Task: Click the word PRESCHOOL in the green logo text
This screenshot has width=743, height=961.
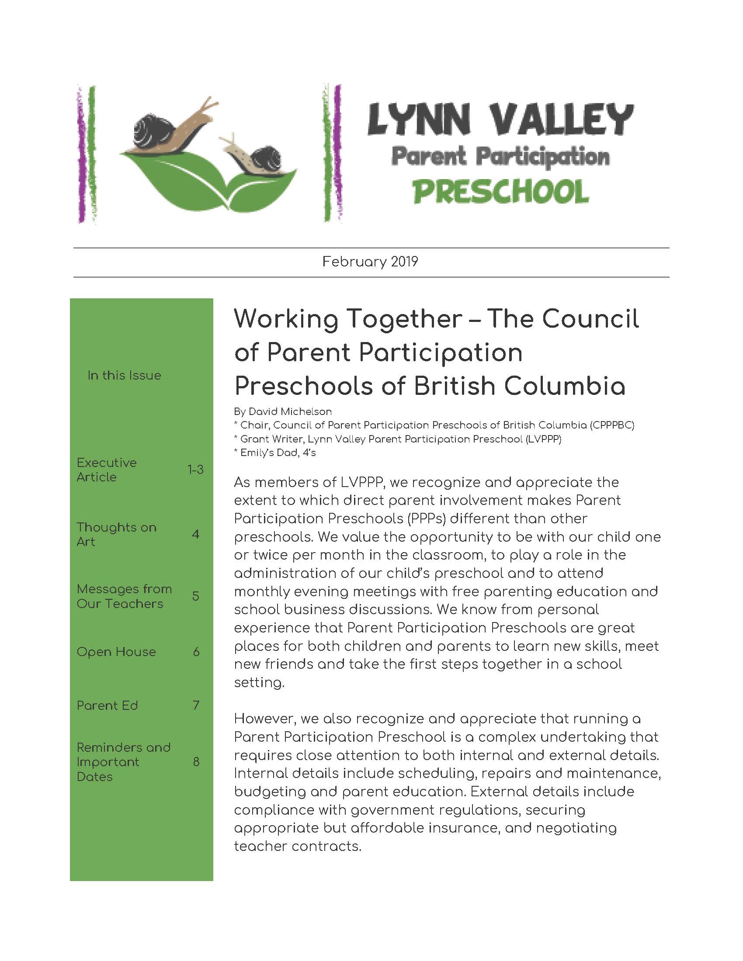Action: tap(500, 192)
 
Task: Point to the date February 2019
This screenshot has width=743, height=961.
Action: tap(370, 262)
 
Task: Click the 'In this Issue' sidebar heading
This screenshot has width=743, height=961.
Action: tap(124, 375)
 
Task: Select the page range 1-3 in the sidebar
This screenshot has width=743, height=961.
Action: tap(195, 470)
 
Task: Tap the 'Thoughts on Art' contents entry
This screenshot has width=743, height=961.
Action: tap(116, 534)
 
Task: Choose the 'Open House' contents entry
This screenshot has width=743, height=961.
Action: tap(116, 652)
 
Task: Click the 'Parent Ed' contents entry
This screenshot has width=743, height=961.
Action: tap(108, 705)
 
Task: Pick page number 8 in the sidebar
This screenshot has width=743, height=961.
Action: tap(196, 762)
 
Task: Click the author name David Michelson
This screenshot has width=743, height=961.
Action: tap(290, 411)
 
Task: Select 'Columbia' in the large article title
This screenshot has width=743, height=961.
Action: tap(564, 386)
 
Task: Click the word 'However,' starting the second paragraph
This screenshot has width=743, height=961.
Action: tap(262, 719)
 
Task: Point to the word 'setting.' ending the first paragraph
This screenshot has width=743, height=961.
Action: tap(259, 682)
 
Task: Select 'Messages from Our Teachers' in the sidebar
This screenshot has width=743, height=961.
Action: tap(124, 596)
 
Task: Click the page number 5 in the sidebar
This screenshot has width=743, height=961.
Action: tap(196, 596)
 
